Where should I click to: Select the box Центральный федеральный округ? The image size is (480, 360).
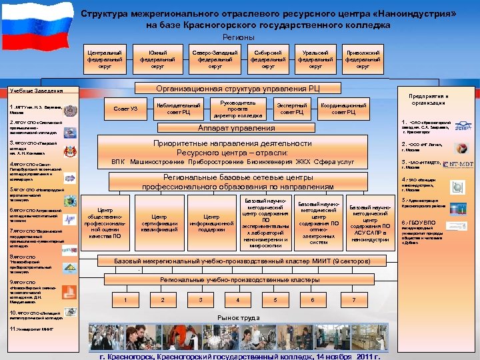pos(105,59)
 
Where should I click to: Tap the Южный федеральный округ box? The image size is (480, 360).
pos(158,59)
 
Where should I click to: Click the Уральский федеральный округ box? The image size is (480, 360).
pos(315,59)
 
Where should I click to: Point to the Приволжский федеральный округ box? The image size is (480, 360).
pos(363,59)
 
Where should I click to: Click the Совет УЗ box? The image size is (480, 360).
pos(126,109)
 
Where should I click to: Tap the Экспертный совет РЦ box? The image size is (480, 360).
pos(292,109)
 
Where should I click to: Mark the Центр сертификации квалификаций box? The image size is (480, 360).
pos(159,223)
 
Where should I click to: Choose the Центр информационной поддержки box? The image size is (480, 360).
pos(212,223)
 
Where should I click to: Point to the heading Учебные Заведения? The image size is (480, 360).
pos(37,91)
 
